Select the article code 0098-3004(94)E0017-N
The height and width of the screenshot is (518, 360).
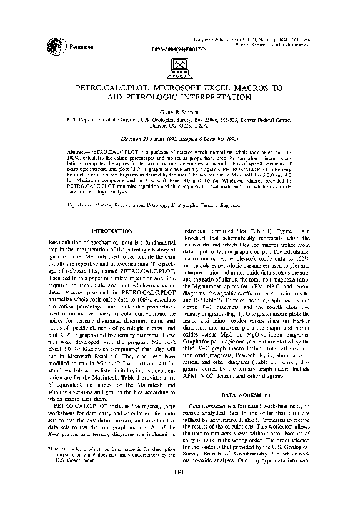click(177, 48)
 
